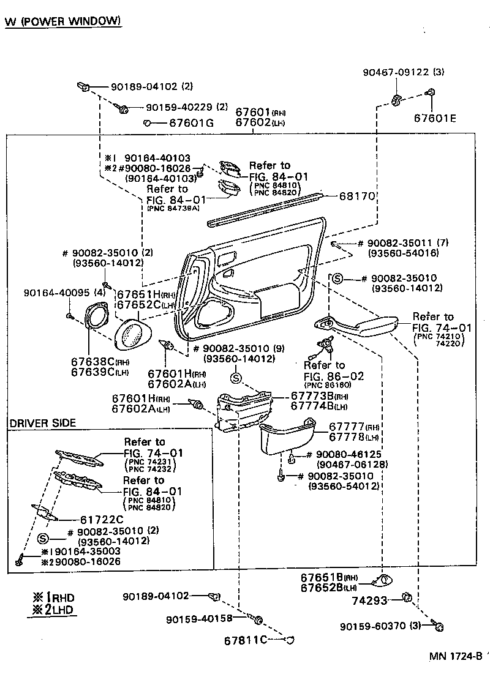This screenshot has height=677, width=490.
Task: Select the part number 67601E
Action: [x=435, y=118]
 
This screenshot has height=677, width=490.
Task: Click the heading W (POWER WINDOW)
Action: [x=62, y=22]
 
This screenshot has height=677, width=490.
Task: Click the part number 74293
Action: [x=369, y=600]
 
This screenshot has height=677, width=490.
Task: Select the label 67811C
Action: [x=245, y=640]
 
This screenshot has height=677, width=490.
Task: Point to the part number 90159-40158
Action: [x=198, y=619]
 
